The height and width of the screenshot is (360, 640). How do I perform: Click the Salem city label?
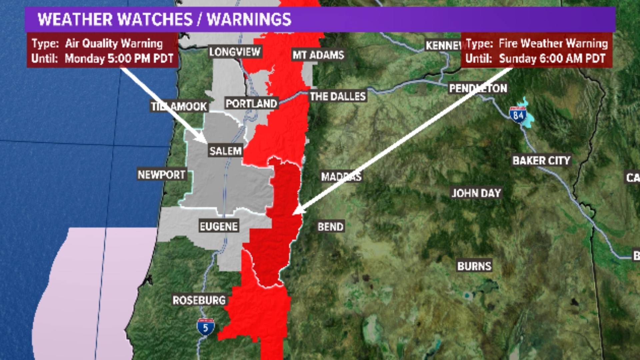click(x=225, y=151)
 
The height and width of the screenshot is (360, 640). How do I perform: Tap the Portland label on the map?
click(x=251, y=104)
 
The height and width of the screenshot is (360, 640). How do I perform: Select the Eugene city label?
click(x=219, y=227)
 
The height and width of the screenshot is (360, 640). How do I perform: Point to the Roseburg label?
click(x=199, y=300)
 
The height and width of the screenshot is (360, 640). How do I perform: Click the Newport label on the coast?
click(x=162, y=175)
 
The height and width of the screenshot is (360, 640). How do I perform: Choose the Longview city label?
click(x=235, y=52)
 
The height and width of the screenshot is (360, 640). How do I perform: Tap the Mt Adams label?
click(x=318, y=55)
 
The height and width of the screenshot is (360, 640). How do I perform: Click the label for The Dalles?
click(x=338, y=97)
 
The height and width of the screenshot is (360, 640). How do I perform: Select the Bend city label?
click(x=330, y=227)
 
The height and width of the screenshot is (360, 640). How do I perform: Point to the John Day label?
click(x=476, y=193)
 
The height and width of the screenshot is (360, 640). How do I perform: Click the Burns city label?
click(x=474, y=266)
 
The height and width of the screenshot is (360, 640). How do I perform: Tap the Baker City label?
click(x=541, y=161)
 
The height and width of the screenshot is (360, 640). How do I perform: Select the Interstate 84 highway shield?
click(x=518, y=115)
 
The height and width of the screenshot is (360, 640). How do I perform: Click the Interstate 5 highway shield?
click(x=205, y=327)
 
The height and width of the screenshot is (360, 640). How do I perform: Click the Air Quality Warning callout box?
click(x=102, y=51)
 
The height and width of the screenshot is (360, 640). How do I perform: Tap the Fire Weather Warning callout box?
click(x=536, y=51)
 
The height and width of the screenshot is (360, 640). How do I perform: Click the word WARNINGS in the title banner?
click(x=249, y=19)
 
